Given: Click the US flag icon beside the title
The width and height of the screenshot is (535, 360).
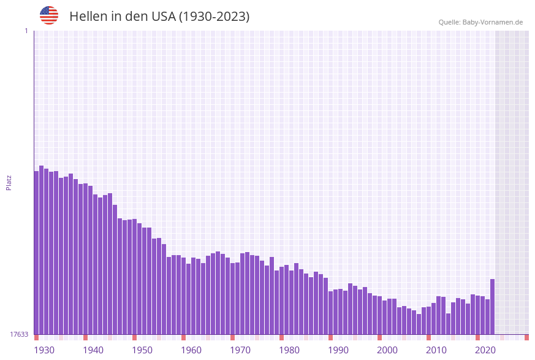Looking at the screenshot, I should pos(49,15).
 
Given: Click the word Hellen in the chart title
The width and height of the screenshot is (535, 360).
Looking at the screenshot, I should pos(88,17).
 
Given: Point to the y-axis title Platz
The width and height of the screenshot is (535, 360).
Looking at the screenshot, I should pos(9,182).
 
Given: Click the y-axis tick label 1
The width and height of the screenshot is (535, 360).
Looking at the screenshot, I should pos(26,31).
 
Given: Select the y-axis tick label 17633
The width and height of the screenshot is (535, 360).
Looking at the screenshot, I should pos(19,334).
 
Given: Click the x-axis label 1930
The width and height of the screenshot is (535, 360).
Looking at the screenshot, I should pos(44,350).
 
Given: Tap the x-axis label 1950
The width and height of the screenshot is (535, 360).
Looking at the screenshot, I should pos(142,350).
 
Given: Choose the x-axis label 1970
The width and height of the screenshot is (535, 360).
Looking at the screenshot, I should pos(240,350).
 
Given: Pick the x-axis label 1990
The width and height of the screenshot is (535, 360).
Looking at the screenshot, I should pos(338,350).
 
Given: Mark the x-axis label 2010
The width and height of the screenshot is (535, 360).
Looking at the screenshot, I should pos(436,350).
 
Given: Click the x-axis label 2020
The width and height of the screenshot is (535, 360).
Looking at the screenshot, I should pos(485,350).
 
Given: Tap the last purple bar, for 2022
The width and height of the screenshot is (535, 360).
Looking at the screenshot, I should pos(492,307).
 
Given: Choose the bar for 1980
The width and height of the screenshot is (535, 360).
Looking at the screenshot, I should pos(282,301).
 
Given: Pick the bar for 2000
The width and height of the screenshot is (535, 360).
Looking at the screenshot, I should pos(380,316).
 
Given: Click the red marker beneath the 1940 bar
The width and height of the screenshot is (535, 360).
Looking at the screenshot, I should pos(86,337).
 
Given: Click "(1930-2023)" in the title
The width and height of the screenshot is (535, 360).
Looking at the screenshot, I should pos(214,17).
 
